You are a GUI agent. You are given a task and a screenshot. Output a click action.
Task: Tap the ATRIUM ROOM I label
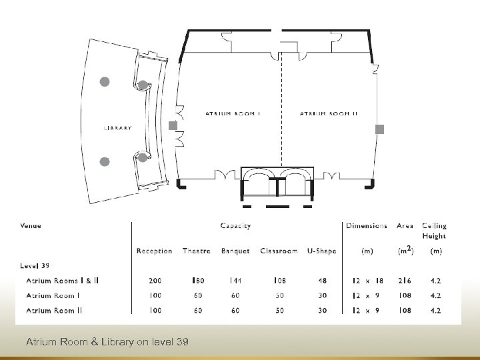pyautogui.click(x=233, y=114)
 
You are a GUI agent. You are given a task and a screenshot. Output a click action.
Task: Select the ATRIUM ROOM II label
pyautogui.click(x=329, y=114)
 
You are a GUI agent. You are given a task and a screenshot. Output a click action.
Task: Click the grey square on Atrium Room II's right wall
pyautogui.click(x=380, y=130)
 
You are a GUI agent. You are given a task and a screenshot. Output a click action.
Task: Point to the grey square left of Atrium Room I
pyautogui.click(x=173, y=125)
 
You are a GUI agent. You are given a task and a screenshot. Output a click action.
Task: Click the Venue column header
pyautogui.click(x=31, y=226)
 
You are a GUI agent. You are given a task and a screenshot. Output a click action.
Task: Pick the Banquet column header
pyautogui.click(x=235, y=251)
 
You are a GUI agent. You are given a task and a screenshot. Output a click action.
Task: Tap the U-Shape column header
pyautogui.click(x=322, y=251)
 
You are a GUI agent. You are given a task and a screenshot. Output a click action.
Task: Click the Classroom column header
pyautogui.click(x=279, y=251)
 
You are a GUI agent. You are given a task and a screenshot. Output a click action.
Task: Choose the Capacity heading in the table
pyautogui.click(x=235, y=226)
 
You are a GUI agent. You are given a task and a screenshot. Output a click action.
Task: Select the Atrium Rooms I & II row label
pyautogui.click(x=62, y=281)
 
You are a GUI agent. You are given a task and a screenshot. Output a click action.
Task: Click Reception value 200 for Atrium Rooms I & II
pyautogui.click(x=154, y=281)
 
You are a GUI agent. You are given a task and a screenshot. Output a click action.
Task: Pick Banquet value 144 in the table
pyautogui.click(x=235, y=281)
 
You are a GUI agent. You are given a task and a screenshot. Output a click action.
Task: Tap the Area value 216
pyautogui.click(x=405, y=281)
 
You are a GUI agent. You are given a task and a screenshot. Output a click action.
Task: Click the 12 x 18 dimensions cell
pyautogui.click(x=367, y=281)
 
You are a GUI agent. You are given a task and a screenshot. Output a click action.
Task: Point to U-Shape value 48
pyautogui.click(x=322, y=281)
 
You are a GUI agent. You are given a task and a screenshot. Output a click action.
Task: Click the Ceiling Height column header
pyautogui.click(x=435, y=231)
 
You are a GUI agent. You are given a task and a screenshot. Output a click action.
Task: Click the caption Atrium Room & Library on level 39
pyautogui.click(x=107, y=342)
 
